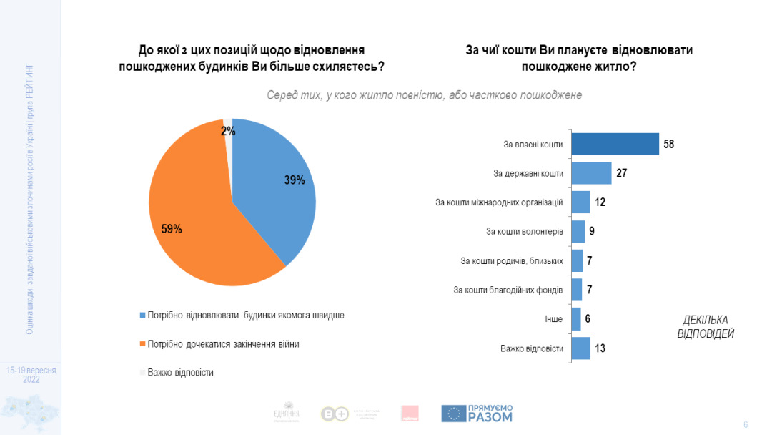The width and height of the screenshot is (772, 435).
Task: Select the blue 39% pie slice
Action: pos(275,186)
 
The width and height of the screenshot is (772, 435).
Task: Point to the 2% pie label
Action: pos(227,131)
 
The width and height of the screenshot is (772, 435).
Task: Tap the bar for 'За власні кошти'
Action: pos(615,144)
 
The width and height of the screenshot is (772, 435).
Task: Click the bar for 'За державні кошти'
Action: pos(592,173)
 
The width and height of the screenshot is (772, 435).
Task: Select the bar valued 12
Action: pos(581,202)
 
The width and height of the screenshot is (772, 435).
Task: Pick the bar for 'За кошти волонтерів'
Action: pos(578,231)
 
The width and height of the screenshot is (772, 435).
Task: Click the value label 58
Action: pos(668,144)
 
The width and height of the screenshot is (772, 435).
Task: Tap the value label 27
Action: pos(621,173)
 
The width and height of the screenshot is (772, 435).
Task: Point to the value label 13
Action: pos(600,348)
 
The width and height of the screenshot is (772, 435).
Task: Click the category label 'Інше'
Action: pos(553,319)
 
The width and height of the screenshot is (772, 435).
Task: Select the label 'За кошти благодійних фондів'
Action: pos(508,290)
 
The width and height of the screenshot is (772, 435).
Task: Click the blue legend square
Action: pos(142,316)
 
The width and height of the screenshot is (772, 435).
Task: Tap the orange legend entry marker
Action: pos(142,344)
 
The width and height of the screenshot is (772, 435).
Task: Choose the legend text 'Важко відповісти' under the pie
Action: pos(180,372)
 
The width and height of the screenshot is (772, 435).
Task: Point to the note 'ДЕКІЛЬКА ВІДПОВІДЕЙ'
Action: pos(705,326)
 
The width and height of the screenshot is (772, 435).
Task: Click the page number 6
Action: pos(746,424)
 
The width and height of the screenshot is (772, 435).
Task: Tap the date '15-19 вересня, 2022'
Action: pos(31,375)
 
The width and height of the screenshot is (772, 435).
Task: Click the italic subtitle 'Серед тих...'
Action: pos(424,95)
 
